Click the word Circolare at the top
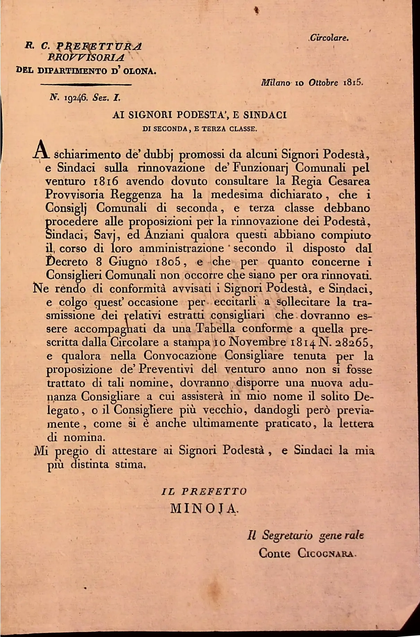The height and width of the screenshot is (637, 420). (x=329, y=38)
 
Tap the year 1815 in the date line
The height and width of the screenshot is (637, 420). (x=353, y=83)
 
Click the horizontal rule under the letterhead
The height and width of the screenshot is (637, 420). (x=86, y=84)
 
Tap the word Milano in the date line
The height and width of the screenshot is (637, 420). (x=275, y=83)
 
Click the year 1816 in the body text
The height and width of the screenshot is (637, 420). (x=106, y=181)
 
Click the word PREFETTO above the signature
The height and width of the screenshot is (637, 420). (x=214, y=491)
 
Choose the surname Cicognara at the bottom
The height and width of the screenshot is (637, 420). (x=326, y=553)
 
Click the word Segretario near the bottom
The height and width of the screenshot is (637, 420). (x=287, y=535)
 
